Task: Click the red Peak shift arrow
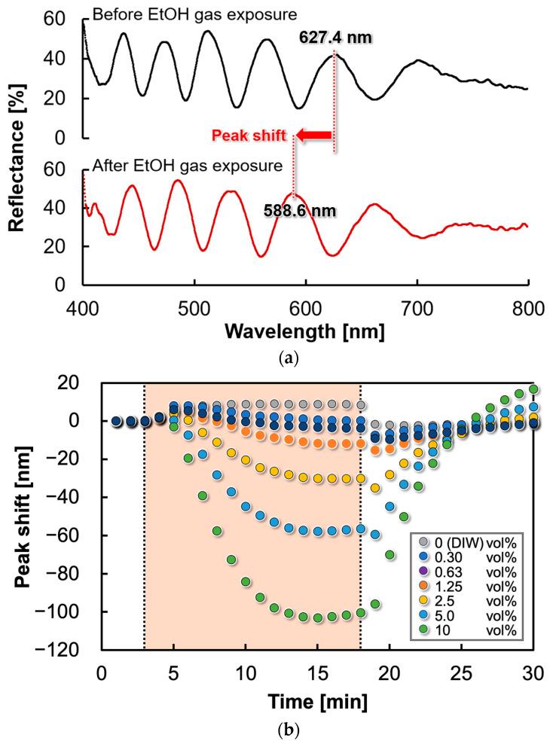[314, 136]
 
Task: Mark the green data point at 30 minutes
[533, 389]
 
